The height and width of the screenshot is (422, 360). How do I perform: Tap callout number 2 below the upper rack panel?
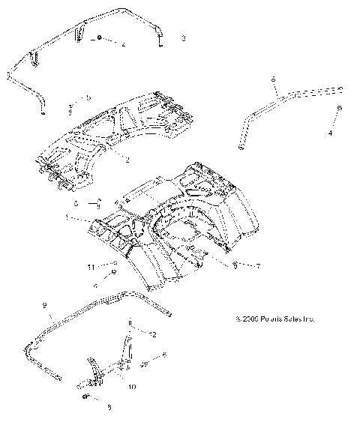tap(128, 160)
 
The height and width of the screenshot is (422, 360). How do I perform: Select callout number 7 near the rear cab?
tap(258, 265)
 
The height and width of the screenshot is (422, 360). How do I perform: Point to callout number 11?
tap(91, 266)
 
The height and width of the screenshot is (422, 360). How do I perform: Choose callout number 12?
tap(153, 334)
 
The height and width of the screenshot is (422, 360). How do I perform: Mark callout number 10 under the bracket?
tap(132, 388)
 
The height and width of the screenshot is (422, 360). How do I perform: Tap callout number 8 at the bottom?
tap(109, 408)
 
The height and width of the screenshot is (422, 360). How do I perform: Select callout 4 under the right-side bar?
tap(331, 133)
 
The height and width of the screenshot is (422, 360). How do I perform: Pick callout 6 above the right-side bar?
tap(274, 79)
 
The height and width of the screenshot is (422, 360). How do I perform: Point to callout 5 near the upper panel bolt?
tap(88, 98)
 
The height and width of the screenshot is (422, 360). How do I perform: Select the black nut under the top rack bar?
tap(99, 38)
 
